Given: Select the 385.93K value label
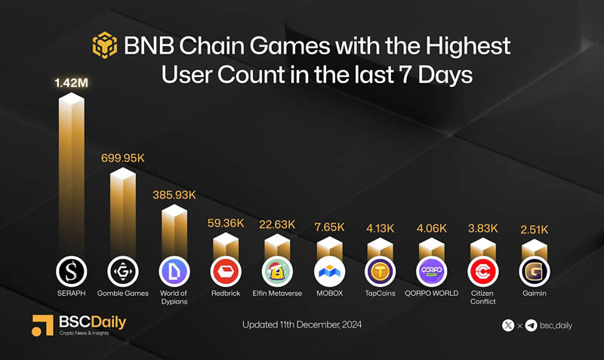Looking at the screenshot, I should click(174, 195).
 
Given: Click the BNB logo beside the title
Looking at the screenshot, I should click(105, 46).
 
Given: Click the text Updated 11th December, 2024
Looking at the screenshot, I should click(302, 325).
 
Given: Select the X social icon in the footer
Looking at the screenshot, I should click(509, 325).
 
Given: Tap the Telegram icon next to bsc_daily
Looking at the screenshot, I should click(531, 325).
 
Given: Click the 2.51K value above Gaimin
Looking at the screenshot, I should click(533, 229).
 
